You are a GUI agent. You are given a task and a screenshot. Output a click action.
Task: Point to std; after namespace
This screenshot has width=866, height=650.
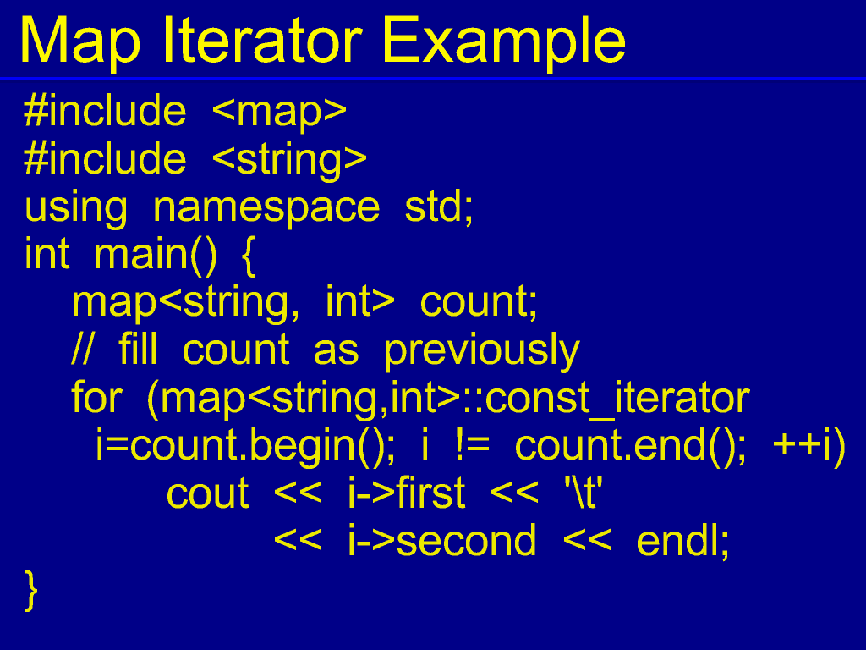(x=439, y=207)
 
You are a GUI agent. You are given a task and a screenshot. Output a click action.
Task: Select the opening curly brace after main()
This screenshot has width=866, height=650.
(x=249, y=256)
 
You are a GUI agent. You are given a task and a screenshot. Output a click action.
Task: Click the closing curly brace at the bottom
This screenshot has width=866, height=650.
(x=31, y=591)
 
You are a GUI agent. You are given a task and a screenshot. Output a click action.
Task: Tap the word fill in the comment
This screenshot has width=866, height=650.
(x=138, y=350)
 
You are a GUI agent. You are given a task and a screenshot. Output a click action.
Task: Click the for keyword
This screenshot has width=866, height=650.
(x=96, y=397)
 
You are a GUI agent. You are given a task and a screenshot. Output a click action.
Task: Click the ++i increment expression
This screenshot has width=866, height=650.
(x=802, y=445)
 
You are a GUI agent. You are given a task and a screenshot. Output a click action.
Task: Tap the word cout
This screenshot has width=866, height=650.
(x=208, y=493)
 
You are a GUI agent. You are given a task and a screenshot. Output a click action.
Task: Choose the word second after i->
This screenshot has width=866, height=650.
(x=466, y=541)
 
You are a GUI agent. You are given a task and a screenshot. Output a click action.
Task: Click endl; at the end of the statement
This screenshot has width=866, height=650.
(x=683, y=542)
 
